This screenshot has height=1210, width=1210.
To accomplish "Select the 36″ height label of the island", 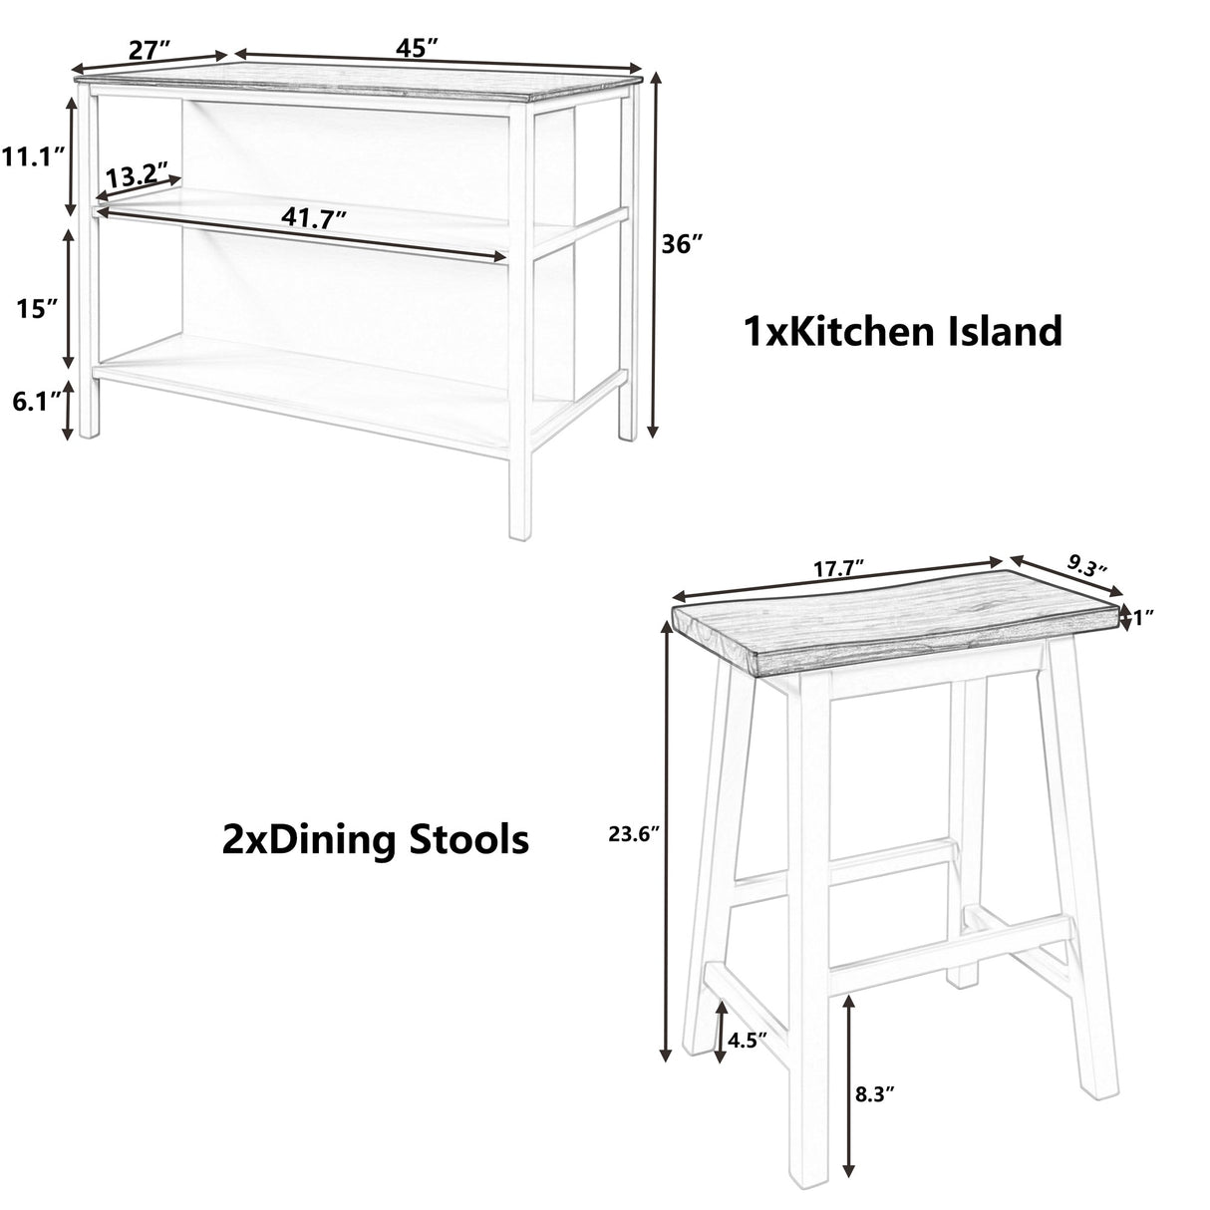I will point(683,243).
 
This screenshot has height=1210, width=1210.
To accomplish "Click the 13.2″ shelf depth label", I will point(138,176).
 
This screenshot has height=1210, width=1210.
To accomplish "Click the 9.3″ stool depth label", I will point(1088,568).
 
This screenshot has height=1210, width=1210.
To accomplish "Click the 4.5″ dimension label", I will point(747,1042).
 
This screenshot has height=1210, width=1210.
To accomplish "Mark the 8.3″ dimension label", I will point(874,1094).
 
